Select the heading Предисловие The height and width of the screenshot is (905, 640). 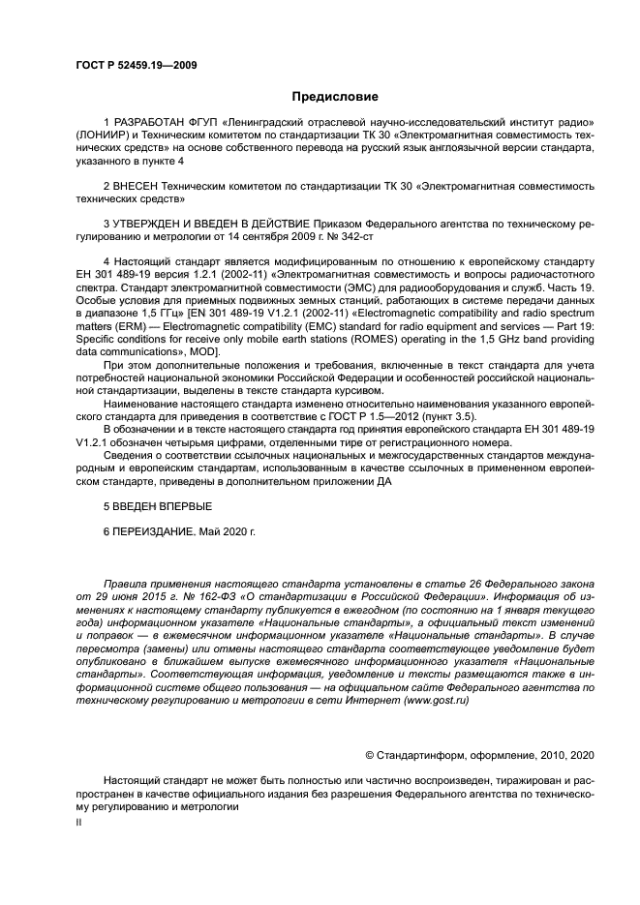335,97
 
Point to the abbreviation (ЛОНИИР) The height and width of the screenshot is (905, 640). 103,136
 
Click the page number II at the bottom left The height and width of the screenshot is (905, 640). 79,821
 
